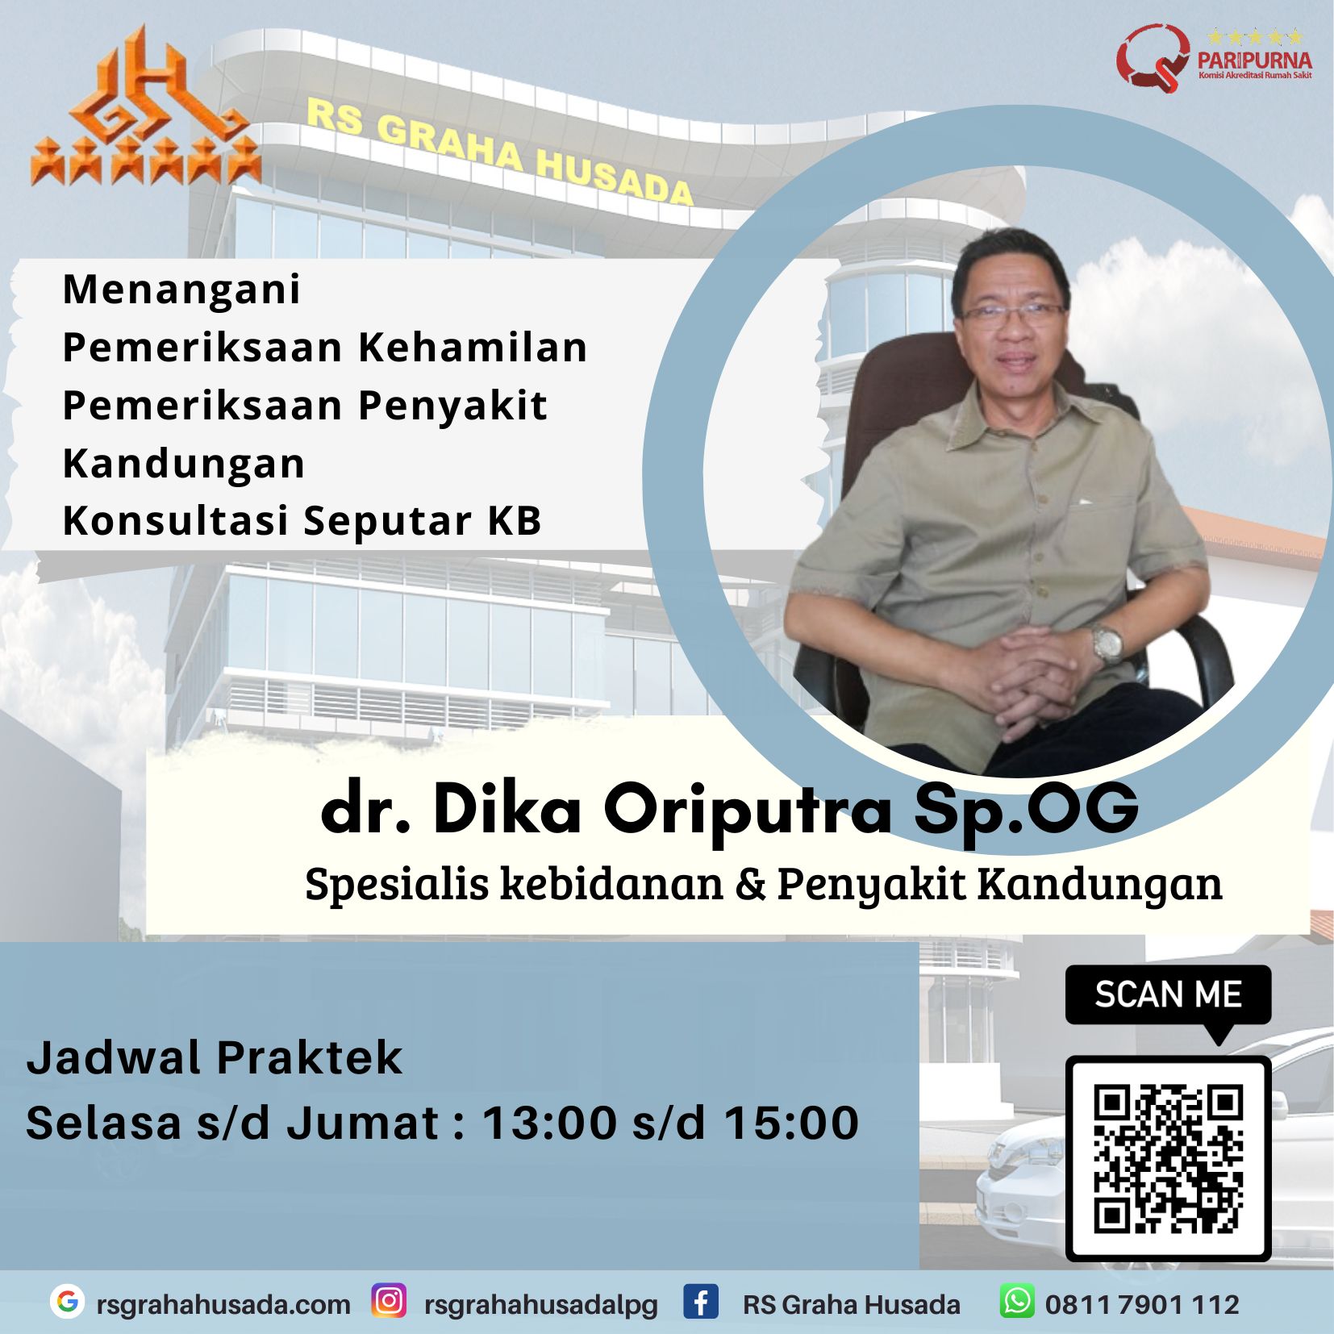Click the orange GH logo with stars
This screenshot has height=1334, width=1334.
(145, 109)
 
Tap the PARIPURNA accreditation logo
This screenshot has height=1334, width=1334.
(1214, 56)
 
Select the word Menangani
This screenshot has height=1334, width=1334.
(181, 290)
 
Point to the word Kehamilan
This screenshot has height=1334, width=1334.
(473, 348)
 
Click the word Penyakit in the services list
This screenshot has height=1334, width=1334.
(452, 406)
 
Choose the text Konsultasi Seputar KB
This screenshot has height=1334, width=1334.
(302, 521)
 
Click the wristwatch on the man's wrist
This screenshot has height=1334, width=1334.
(1107, 643)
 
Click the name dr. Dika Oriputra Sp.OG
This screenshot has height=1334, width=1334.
(730, 809)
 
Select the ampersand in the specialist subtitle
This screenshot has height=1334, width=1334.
(750, 883)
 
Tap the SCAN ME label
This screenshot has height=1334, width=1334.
(1168, 994)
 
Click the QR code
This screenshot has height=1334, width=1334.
(1168, 1159)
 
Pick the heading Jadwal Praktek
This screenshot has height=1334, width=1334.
(214, 1057)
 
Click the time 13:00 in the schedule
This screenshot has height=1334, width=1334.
(549, 1123)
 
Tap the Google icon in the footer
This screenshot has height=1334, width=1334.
(68, 1301)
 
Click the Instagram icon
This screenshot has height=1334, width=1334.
(389, 1301)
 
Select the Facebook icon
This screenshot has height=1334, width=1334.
(701, 1302)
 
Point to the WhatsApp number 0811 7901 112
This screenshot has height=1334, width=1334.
(1142, 1304)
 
